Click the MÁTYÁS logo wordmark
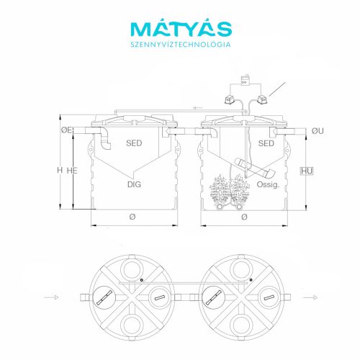[181, 29]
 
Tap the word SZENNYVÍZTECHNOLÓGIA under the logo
[181, 45]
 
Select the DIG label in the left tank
[134, 184]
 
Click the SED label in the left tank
[134, 143]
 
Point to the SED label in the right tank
[266, 143]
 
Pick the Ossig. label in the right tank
[268, 184]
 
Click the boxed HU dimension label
[307, 171]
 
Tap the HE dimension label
[72, 171]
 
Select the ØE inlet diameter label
[66, 130]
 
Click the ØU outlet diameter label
[318, 131]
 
